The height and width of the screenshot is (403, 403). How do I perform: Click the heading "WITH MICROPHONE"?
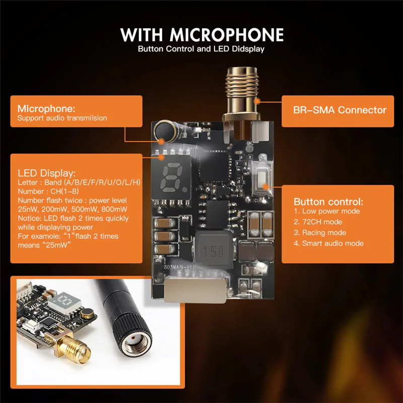point(201,35)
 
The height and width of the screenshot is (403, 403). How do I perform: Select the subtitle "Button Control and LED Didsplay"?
point(201,49)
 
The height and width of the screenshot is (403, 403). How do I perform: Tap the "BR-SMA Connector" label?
point(340,110)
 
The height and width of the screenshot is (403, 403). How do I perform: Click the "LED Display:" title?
point(46,172)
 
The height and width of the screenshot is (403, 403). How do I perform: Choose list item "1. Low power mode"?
point(327,211)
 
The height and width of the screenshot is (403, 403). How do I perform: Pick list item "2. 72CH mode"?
point(318,222)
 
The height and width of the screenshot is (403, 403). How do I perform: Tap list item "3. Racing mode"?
point(320,233)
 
